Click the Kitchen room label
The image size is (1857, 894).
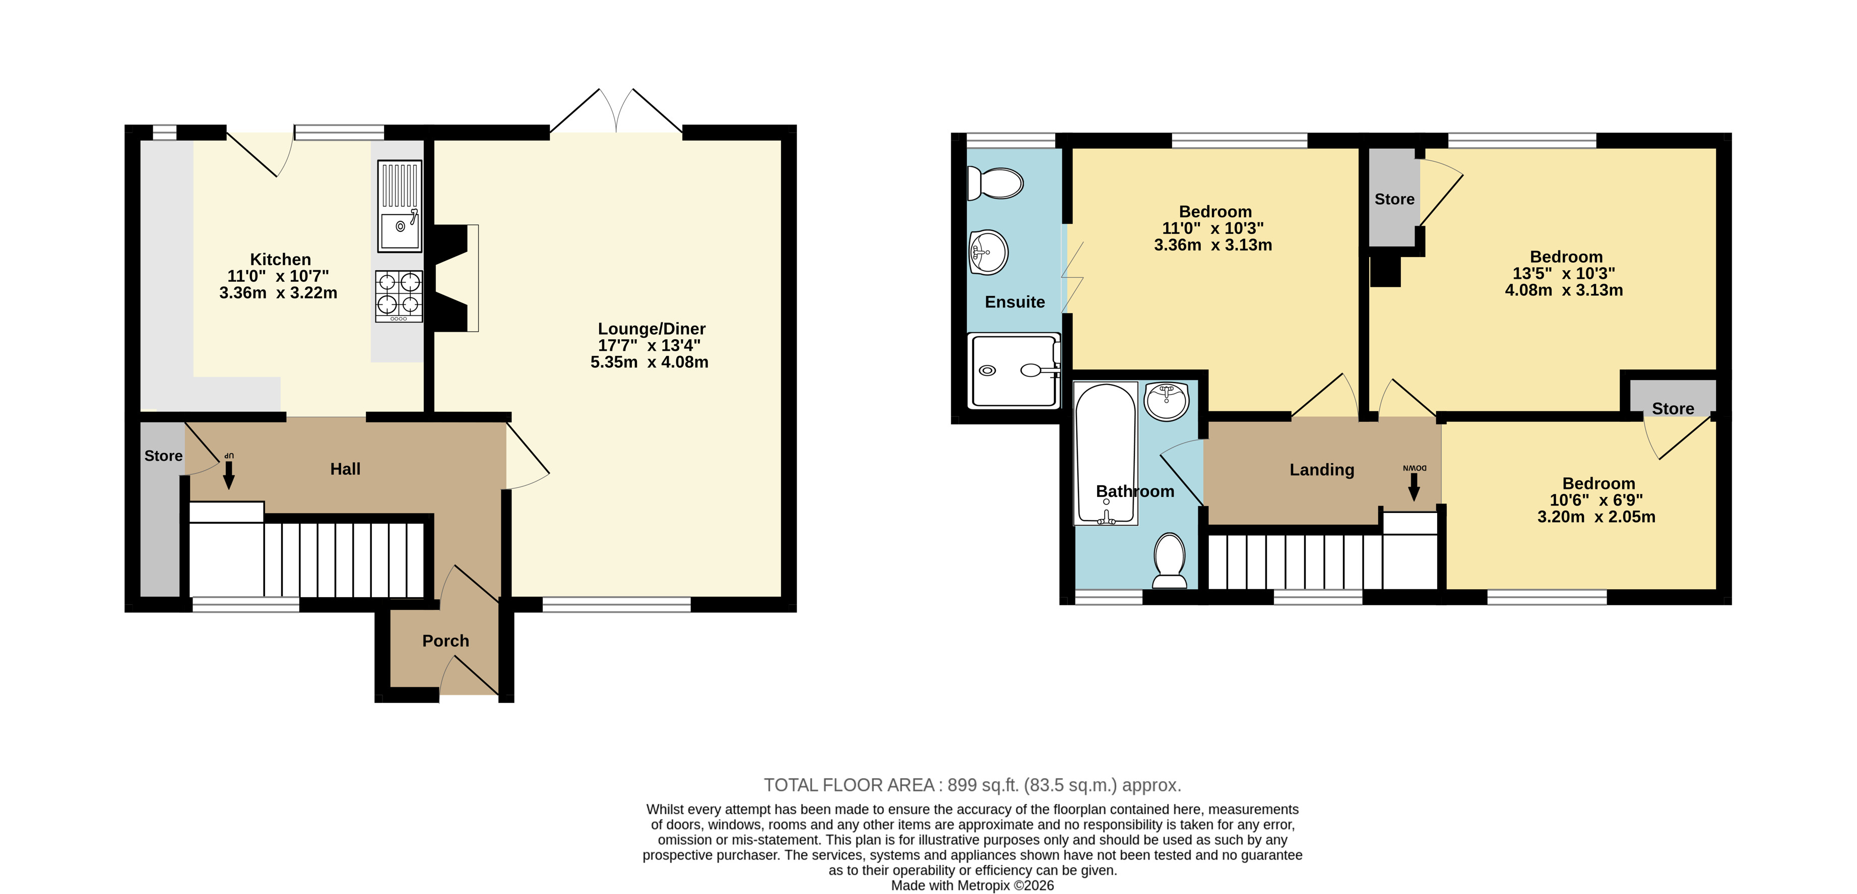[280, 260]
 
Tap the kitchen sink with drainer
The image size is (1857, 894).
[400, 206]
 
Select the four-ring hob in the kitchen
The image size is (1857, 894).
[399, 296]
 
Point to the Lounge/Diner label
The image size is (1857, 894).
[652, 329]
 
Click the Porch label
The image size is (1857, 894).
[445, 641]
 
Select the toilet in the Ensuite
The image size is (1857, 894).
[994, 183]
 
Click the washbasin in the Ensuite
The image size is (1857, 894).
[988, 252]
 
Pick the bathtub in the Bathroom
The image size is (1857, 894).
[1105, 454]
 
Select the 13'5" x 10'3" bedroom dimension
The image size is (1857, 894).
[1564, 274]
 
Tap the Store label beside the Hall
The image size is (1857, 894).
[164, 456]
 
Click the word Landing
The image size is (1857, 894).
[1322, 470]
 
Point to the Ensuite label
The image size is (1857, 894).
[1015, 302]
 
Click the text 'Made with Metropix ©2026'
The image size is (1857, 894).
[973, 885]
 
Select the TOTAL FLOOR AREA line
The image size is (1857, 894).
[973, 785]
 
